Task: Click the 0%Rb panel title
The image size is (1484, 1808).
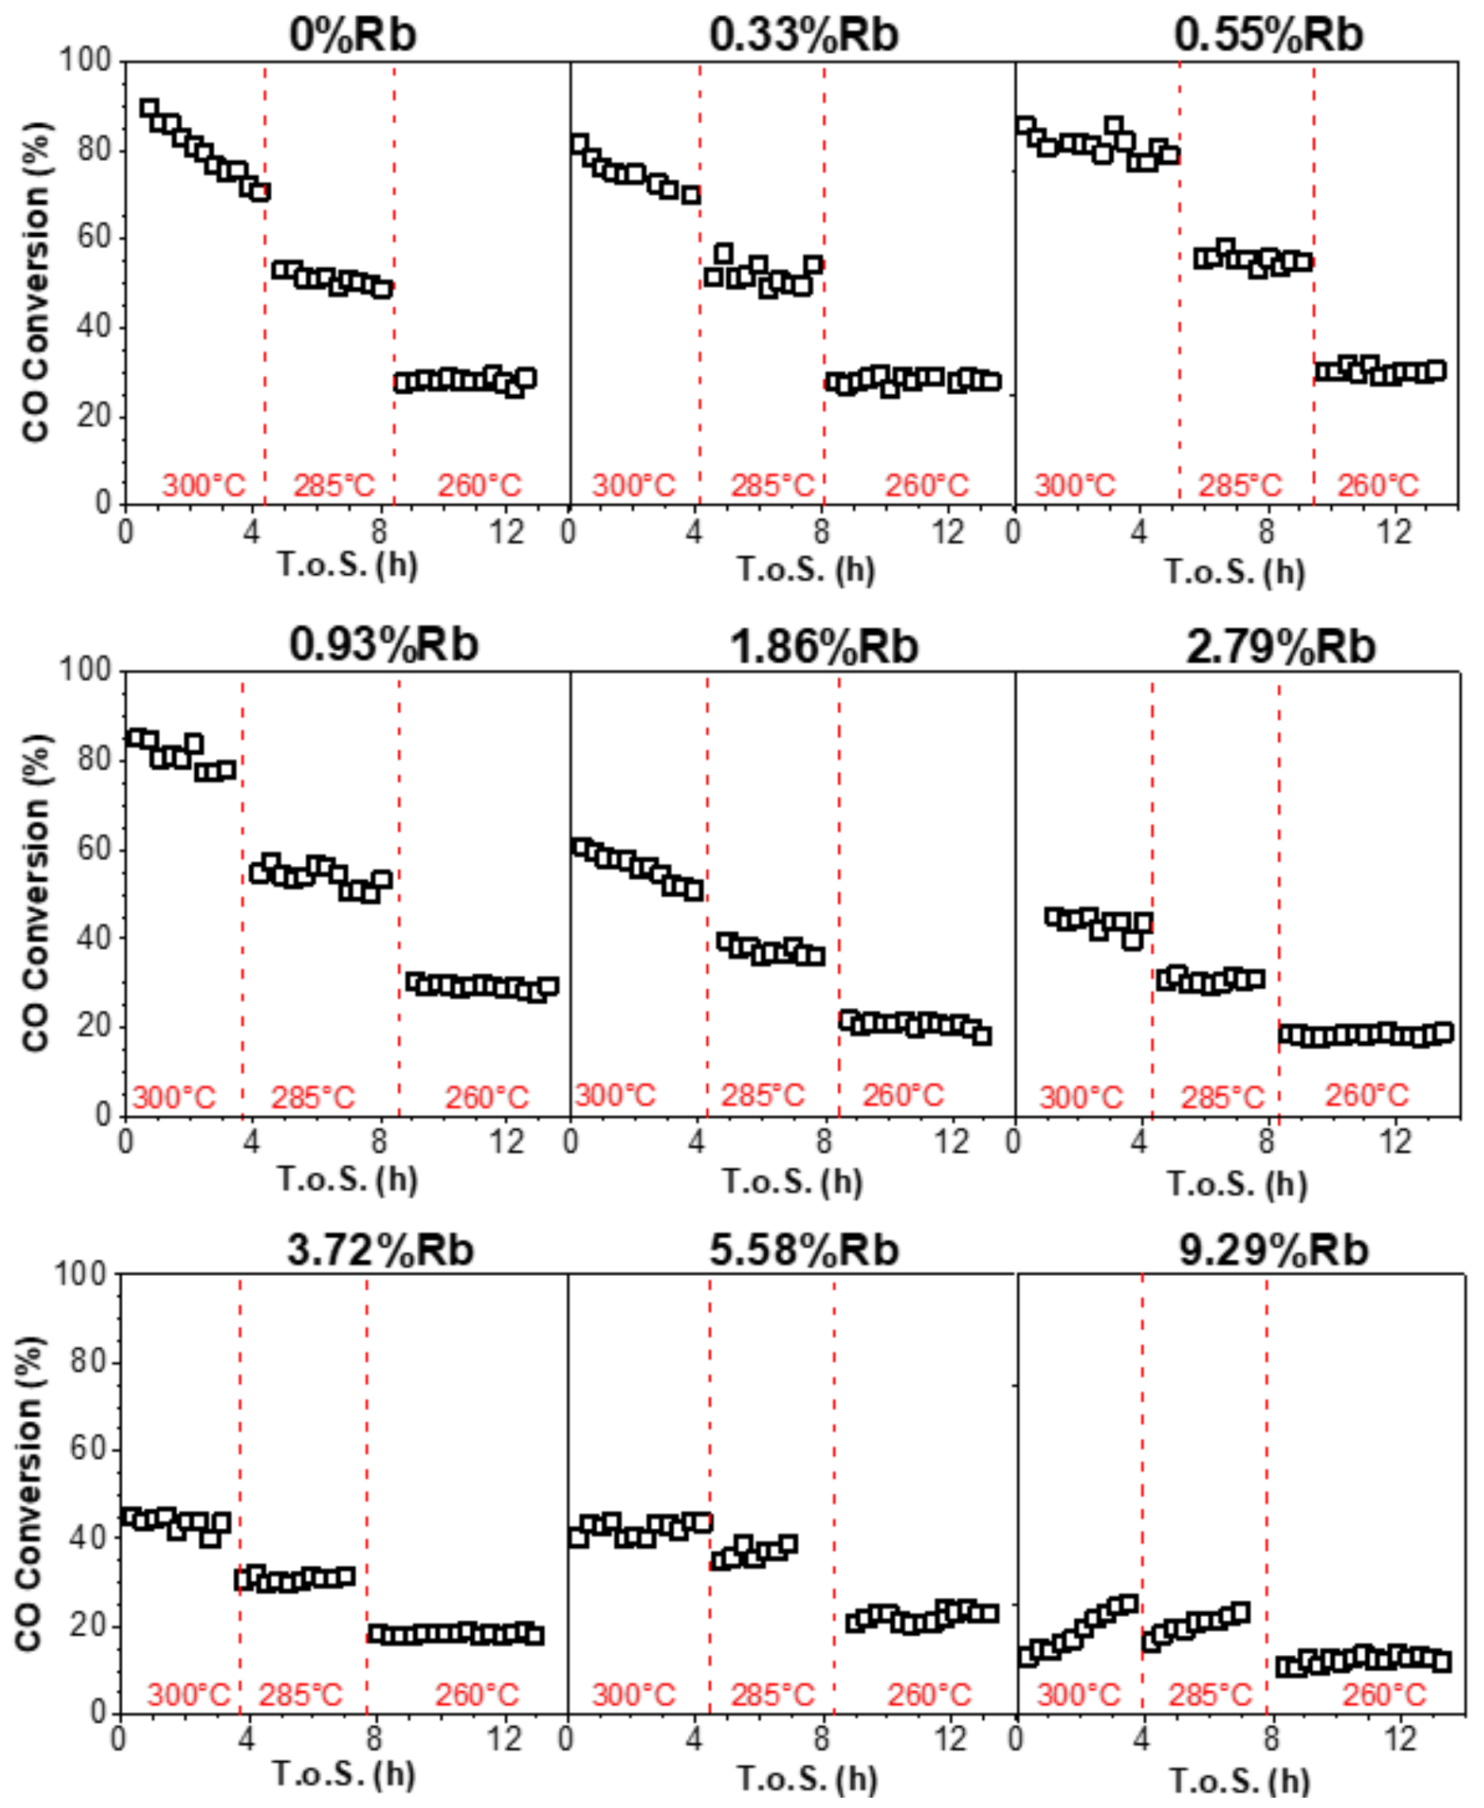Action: [352, 35]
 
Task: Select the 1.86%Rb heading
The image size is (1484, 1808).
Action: [823, 646]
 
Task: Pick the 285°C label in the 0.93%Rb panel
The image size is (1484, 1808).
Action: [312, 1097]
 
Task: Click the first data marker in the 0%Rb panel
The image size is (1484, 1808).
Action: [150, 109]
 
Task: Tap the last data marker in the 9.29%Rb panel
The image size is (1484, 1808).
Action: [1441, 1663]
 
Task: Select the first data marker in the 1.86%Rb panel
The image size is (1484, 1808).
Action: [581, 848]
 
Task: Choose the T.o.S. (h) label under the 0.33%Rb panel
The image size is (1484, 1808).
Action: [806, 569]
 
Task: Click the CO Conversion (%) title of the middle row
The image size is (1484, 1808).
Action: [36, 893]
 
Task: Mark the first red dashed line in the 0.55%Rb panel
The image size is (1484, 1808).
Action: [1180, 282]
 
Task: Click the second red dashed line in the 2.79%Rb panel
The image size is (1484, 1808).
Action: [1279, 894]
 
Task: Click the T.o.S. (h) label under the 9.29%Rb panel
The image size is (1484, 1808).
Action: [1239, 1780]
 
